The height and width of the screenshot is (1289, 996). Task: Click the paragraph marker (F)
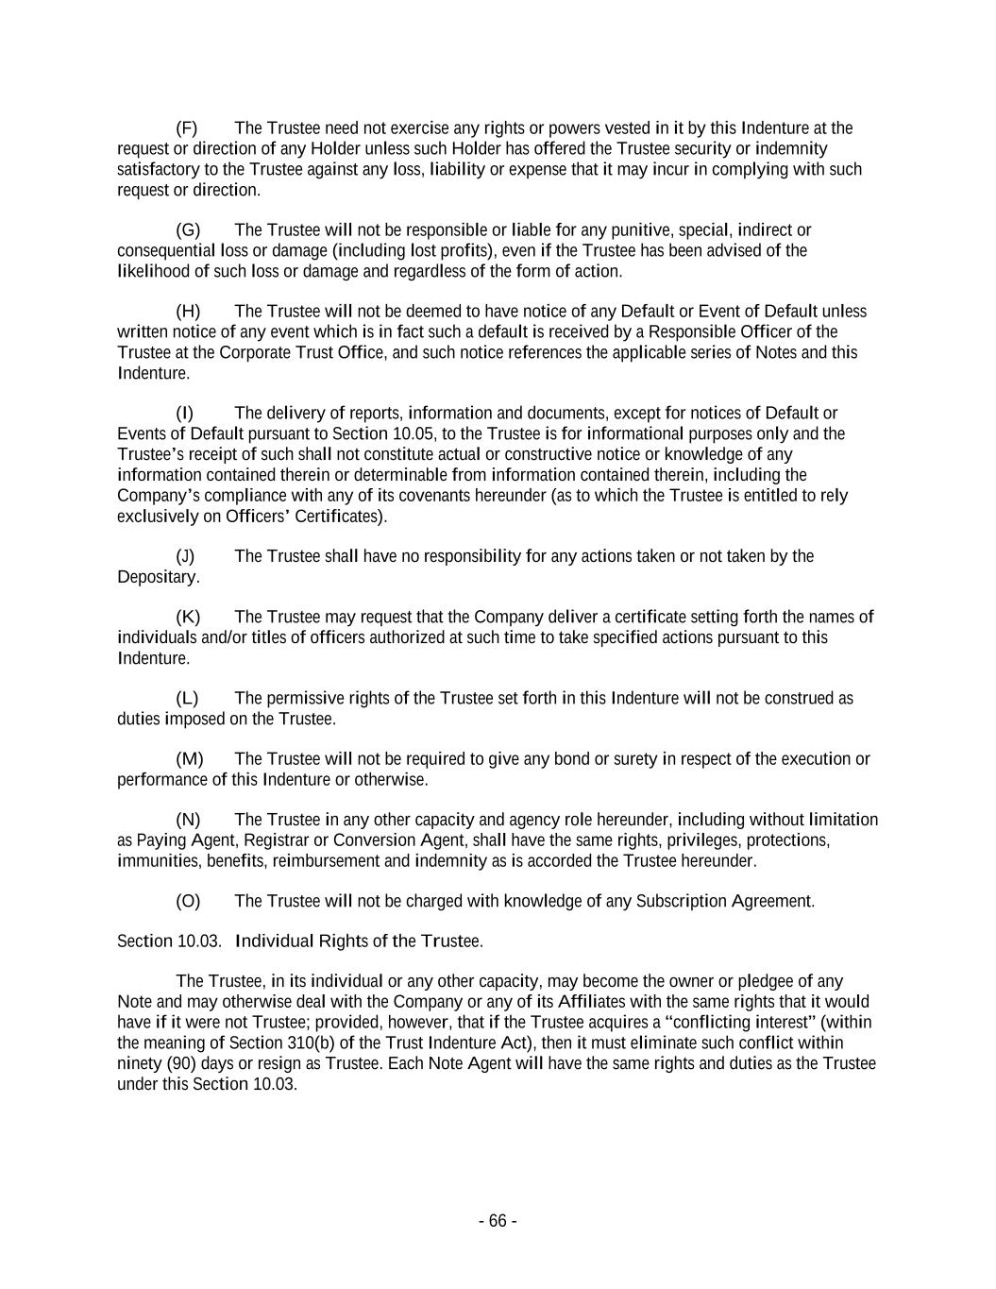186,128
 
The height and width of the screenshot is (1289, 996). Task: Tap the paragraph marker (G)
187,230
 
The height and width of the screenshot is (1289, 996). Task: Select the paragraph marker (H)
187,312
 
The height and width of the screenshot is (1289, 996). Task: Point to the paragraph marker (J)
185,556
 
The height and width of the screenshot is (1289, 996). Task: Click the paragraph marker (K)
187,618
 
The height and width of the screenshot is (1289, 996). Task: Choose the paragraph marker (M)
189,759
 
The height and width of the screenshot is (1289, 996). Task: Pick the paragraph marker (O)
188,901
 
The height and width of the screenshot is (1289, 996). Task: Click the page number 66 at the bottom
498,1221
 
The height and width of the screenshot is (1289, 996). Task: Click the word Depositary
158,577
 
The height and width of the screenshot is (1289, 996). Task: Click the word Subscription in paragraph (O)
680,901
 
